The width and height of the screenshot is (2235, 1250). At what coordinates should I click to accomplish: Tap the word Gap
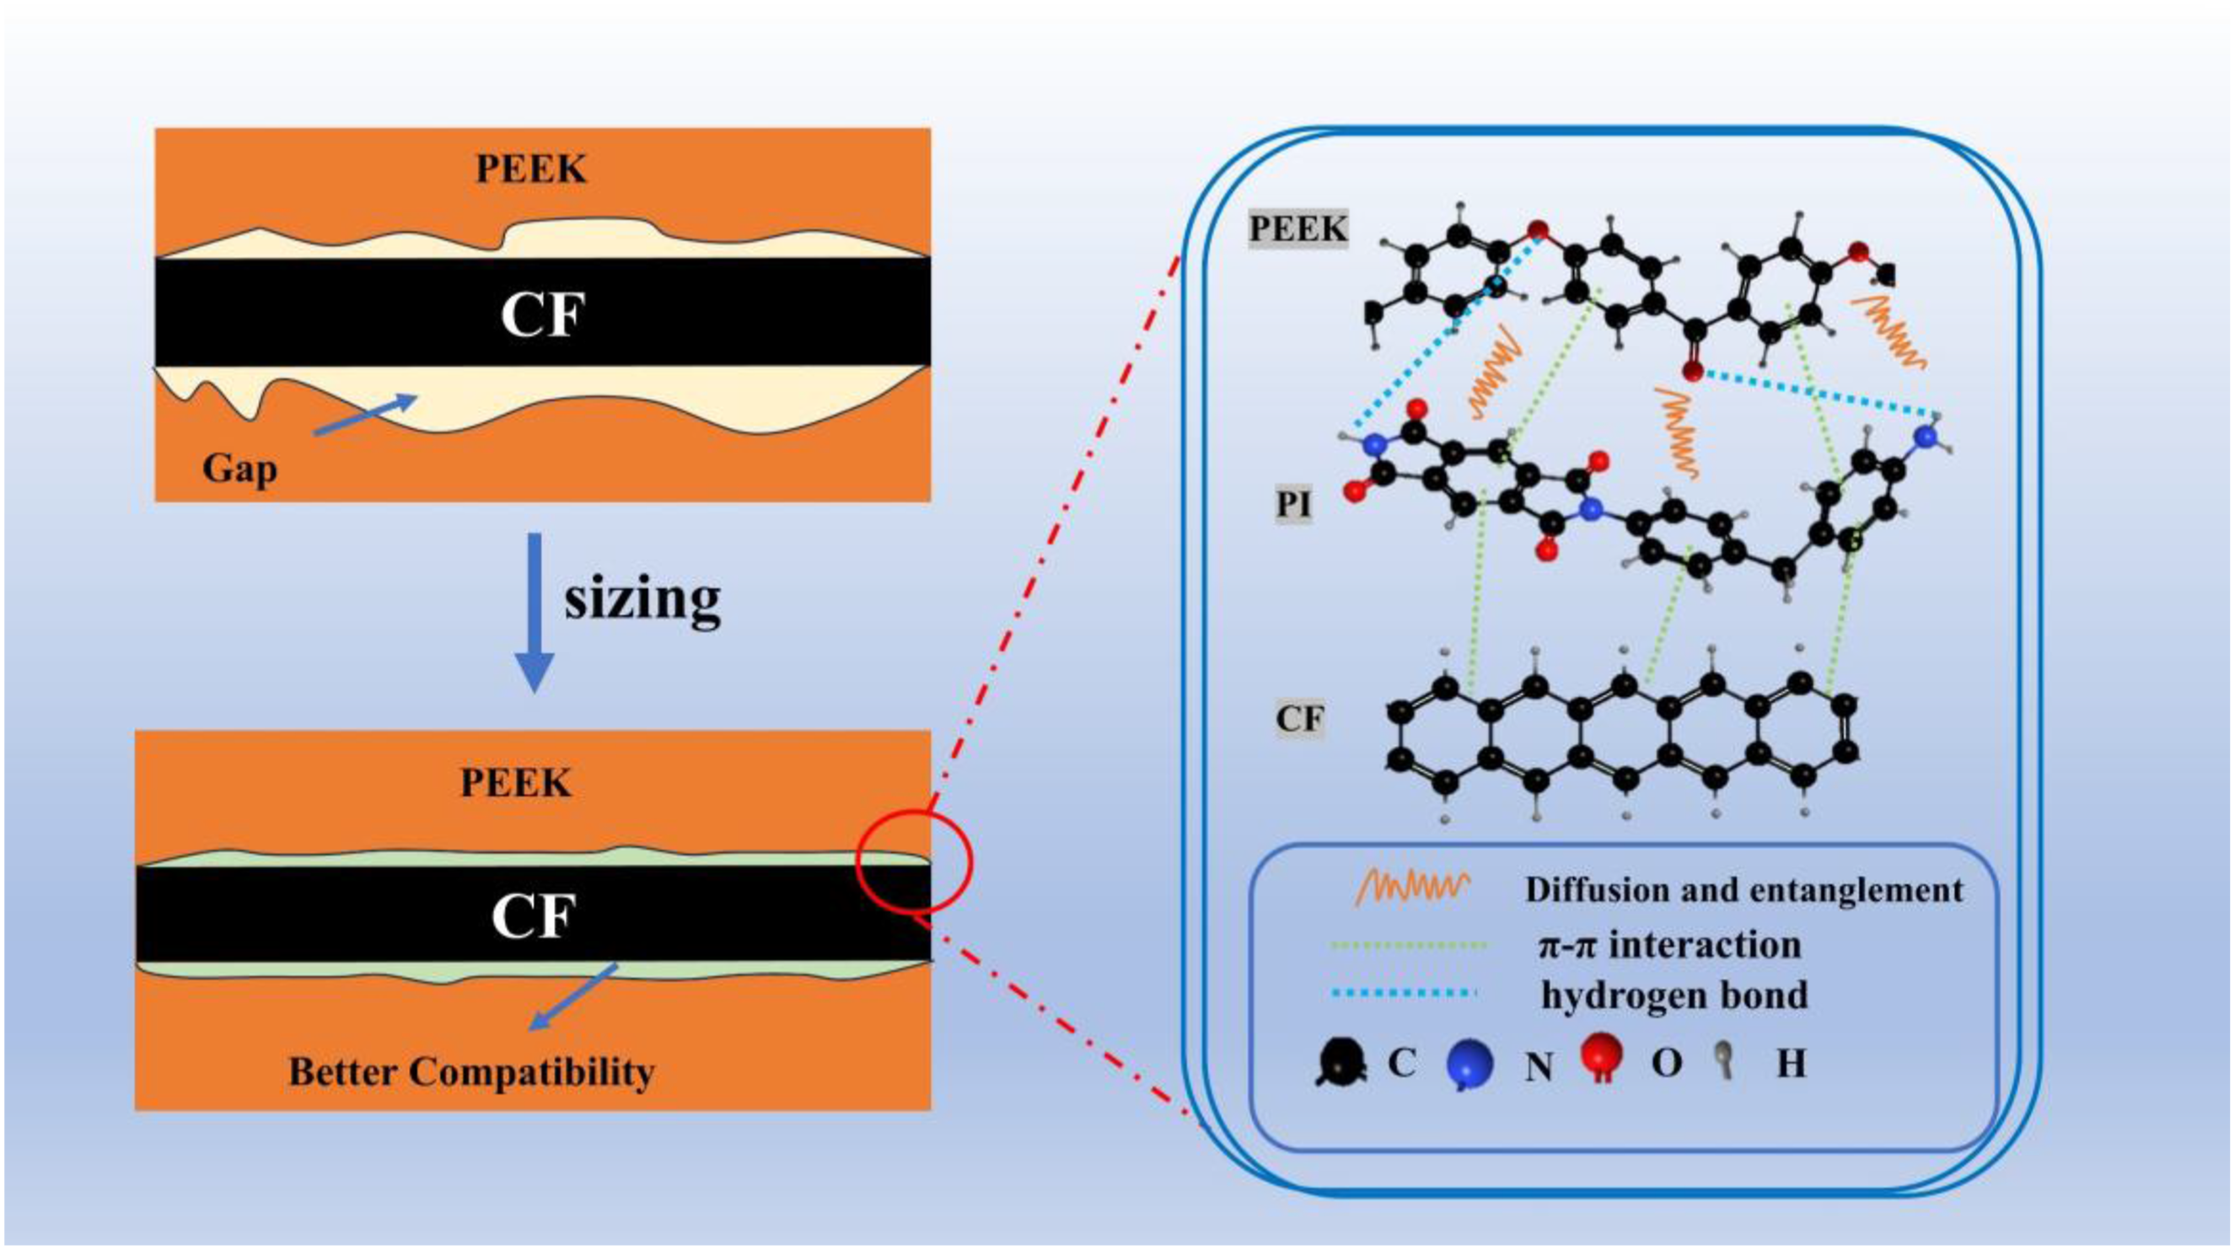(239, 469)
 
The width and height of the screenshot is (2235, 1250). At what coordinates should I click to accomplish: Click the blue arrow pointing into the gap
(365, 414)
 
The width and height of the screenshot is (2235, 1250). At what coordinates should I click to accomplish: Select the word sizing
(642, 598)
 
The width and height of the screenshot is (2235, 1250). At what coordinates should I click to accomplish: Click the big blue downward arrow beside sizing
(535, 613)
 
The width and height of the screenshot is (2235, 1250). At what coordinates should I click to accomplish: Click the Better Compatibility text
(471, 1071)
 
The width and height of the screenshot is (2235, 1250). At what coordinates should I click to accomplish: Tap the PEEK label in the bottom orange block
(515, 783)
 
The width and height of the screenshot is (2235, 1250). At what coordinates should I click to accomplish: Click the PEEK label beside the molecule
(1298, 229)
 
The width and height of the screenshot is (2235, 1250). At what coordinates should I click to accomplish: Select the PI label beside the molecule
(1292, 504)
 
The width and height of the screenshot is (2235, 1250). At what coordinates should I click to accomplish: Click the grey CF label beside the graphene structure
(1300, 718)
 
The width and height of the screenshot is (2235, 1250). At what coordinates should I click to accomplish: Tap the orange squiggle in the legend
(1413, 888)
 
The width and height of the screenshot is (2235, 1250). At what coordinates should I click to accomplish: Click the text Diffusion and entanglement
(1744, 890)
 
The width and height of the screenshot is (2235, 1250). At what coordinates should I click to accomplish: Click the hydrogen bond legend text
(1674, 995)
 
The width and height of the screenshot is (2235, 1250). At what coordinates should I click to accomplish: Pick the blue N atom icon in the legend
(1470, 1065)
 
